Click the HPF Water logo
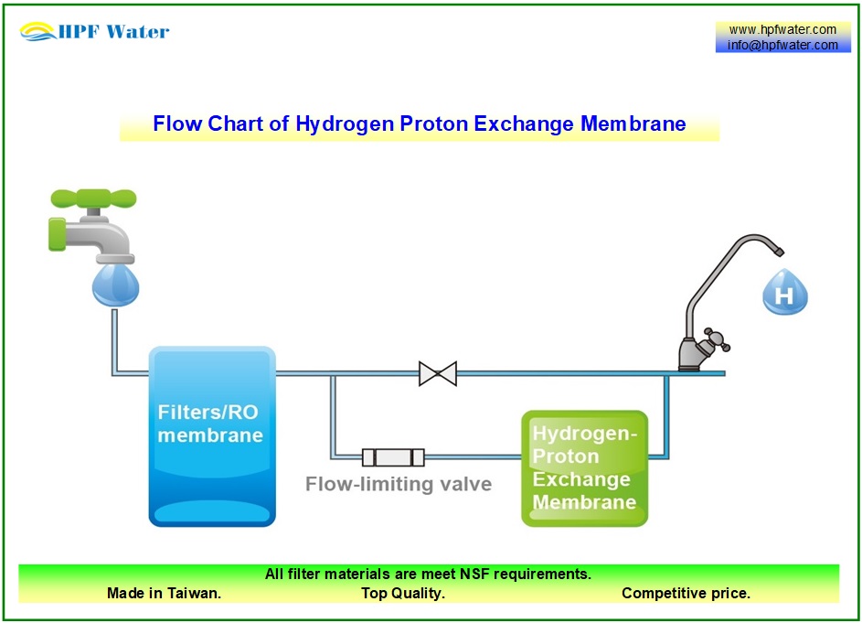point(95,32)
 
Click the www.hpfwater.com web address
point(782,29)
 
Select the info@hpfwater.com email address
point(782,45)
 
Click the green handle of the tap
point(93,199)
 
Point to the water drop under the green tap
point(115,284)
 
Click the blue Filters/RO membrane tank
point(211,436)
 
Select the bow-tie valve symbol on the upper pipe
point(437,373)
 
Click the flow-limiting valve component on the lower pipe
point(393,457)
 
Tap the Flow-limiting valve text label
point(398,484)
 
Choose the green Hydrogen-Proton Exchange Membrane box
point(584,467)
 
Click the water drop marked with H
point(784,293)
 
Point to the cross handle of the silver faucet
point(716,340)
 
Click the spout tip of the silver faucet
point(778,251)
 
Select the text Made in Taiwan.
point(164,593)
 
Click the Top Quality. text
point(403,593)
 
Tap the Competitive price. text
point(686,593)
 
